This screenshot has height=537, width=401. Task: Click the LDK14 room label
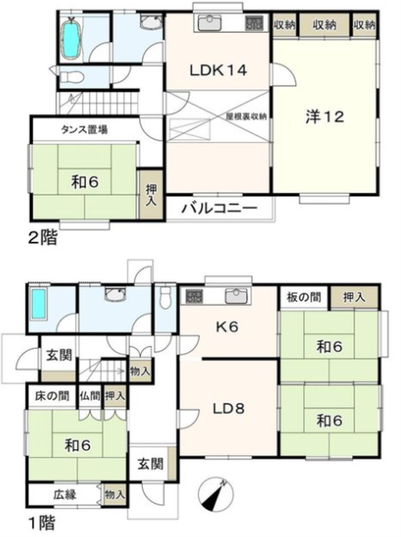click(218, 71)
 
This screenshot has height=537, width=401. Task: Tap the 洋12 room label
click(325, 117)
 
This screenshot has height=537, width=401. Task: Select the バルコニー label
click(219, 208)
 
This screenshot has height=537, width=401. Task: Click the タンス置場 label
click(84, 130)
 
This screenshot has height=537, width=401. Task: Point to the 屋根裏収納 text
click(246, 116)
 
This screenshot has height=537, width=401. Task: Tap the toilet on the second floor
click(71, 77)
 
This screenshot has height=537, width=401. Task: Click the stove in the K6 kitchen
click(194, 296)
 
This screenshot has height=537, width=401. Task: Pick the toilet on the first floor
click(165, 297)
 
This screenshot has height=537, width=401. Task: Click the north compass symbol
click(216, 495)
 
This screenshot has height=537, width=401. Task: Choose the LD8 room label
click(228, 408)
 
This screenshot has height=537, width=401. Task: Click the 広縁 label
click(65, 495)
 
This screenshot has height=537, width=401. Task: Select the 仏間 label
click(90, 396)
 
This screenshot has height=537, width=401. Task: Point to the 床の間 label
click(52, 396)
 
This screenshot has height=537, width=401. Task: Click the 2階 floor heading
click(42, 238)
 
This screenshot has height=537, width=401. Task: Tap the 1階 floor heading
click(41, 523)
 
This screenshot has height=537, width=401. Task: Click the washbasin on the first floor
click(116, 294)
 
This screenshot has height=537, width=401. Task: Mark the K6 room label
click(227, 327)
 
